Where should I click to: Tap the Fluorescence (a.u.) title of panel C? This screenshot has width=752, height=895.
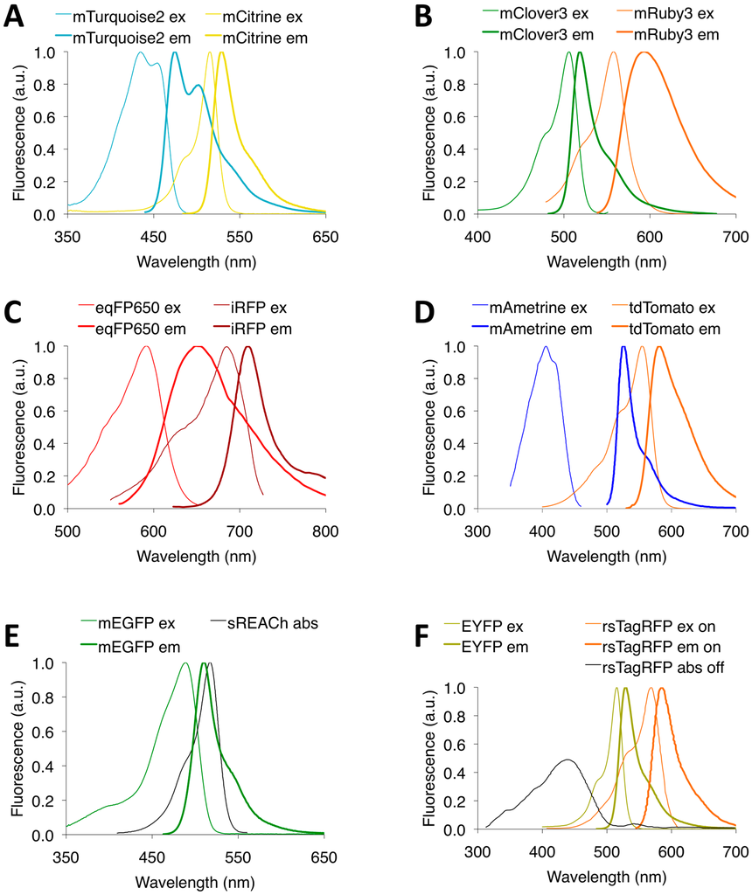click(x=18, y=427)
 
